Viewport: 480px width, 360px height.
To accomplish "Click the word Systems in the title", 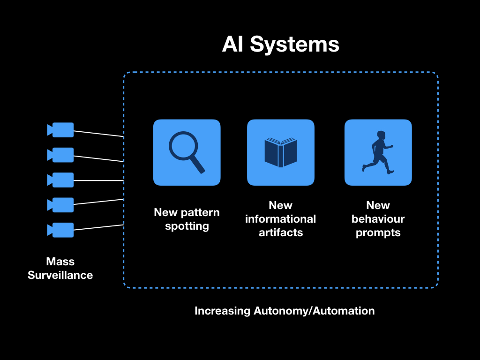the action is (294, 45).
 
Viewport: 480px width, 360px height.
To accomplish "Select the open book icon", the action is (281, 152).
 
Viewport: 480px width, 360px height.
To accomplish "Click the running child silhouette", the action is (378, 152).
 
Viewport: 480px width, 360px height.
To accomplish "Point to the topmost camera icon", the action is (60, 130).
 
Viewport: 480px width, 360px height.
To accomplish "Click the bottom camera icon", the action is (60, 230).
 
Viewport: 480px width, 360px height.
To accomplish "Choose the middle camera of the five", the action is (60, 180).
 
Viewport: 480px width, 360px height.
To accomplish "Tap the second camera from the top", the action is (60, 155).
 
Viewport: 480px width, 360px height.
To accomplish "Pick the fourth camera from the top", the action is (60, 205).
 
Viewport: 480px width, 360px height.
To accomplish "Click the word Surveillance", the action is (60, 275).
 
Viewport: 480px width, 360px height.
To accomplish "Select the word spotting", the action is (187, 226).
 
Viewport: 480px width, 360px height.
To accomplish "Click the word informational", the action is (281, 219).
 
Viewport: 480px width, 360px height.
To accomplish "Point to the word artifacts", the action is (281, 232).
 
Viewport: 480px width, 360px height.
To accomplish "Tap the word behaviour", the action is (378, 219).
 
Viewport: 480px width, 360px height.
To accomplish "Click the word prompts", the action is (378, 233).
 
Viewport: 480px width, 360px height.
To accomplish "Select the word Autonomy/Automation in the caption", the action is (314, 311).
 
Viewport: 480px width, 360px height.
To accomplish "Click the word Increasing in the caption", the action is (223, 311).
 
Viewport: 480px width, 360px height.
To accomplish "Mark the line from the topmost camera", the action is (98, 134).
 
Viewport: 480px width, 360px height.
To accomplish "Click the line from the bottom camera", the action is (98, 227).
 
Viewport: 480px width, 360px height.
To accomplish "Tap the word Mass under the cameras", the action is (60, 262).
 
